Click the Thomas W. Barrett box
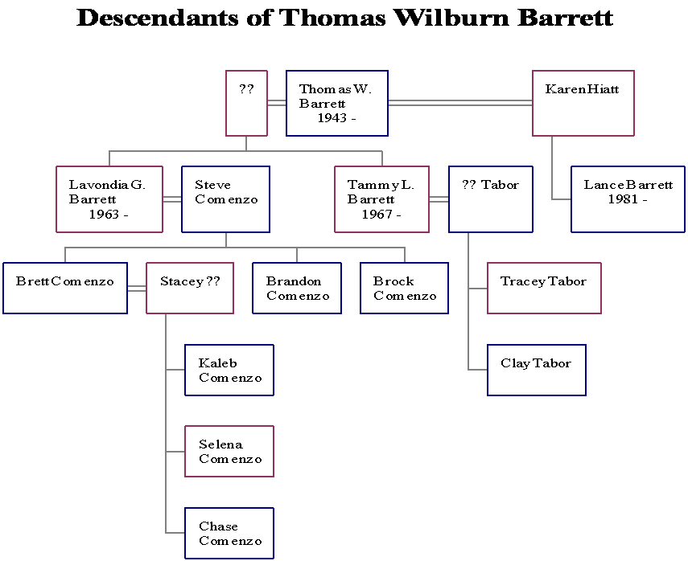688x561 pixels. [337, 104]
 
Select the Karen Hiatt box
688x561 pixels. [583, 104]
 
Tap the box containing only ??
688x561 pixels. [246, 104]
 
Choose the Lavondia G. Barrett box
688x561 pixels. [109, 199]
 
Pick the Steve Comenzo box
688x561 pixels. [225, 199]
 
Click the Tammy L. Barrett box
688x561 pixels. [381, 199]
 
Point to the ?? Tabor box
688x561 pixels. [491, 199]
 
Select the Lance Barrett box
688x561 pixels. [628, 199]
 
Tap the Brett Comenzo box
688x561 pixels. [65, 288]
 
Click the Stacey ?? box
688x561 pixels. [190, 288]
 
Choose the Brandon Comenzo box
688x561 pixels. [297, 288]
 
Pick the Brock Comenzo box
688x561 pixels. [404, 288]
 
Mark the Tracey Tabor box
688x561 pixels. [544, 288]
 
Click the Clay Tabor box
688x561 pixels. [536, 370]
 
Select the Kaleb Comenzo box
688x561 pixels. [229, 371]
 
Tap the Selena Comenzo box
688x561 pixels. [229, 452]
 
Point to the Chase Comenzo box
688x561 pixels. [229, 533]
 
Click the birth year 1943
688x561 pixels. [332, 118]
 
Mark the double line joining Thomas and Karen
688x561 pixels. [459, 102]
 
